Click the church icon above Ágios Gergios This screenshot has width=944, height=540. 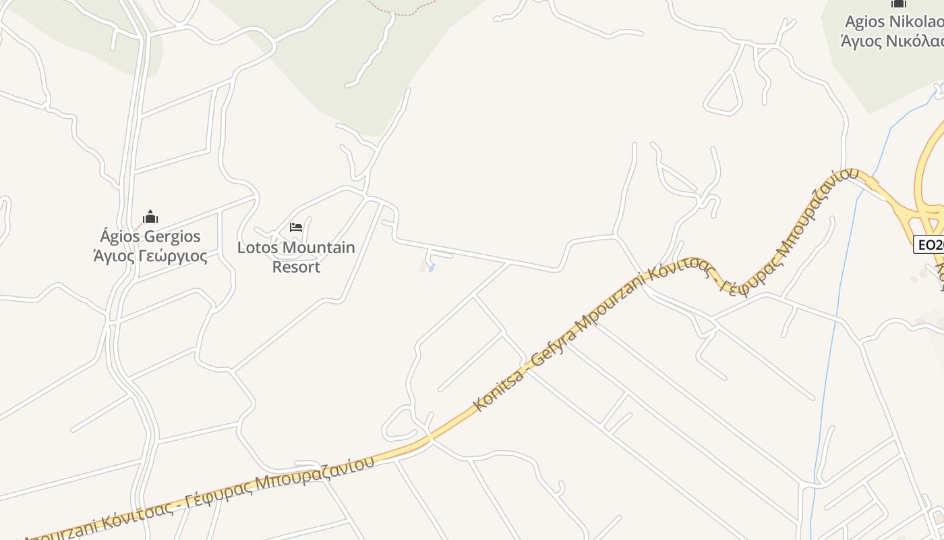point(150,217)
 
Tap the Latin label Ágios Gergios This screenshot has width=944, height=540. point(150,236)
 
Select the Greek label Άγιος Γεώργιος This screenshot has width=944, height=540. point(150,256)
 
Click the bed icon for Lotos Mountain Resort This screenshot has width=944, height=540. point(295,227)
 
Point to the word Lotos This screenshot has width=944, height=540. point(258,248)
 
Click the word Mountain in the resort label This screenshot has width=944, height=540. point(319,248)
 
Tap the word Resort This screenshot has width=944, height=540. point(296,267)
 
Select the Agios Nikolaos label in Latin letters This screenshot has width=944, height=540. point(894,22)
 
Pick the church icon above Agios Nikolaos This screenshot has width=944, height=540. point(898,3)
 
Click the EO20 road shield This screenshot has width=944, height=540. point(929,244)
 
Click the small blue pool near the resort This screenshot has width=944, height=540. point(432,269)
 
